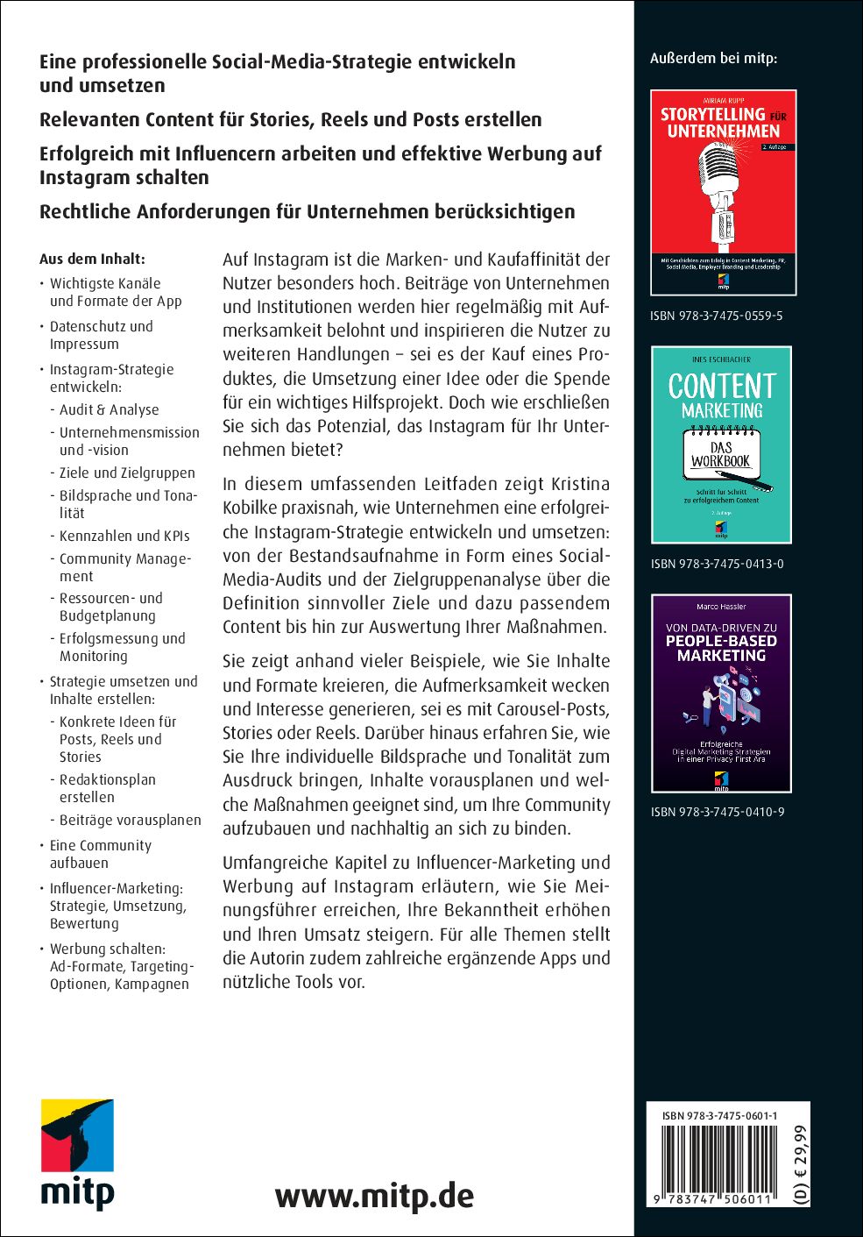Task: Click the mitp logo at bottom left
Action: point(77,1154)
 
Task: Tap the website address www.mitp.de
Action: point(374,1196)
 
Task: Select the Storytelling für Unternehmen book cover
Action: point(723,192)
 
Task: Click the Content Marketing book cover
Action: point(721,444)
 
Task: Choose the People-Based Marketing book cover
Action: point(721,693)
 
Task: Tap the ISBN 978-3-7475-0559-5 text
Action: point(716,316)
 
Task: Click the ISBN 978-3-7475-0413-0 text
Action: point(717,564)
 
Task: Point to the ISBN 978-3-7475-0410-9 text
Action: point(717,812)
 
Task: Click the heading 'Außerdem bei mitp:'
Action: point(713,59)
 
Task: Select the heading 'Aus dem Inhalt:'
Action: point(92,259)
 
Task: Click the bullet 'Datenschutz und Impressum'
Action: point(101,335)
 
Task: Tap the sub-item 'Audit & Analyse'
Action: point(110,409)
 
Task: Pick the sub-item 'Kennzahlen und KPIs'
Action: point(124,536)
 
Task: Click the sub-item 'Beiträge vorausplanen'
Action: point(131,821)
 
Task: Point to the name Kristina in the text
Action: point(580,484)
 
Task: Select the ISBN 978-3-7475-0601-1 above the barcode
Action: point(719,1116)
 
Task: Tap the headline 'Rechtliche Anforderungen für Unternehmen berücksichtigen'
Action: point(307,212)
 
